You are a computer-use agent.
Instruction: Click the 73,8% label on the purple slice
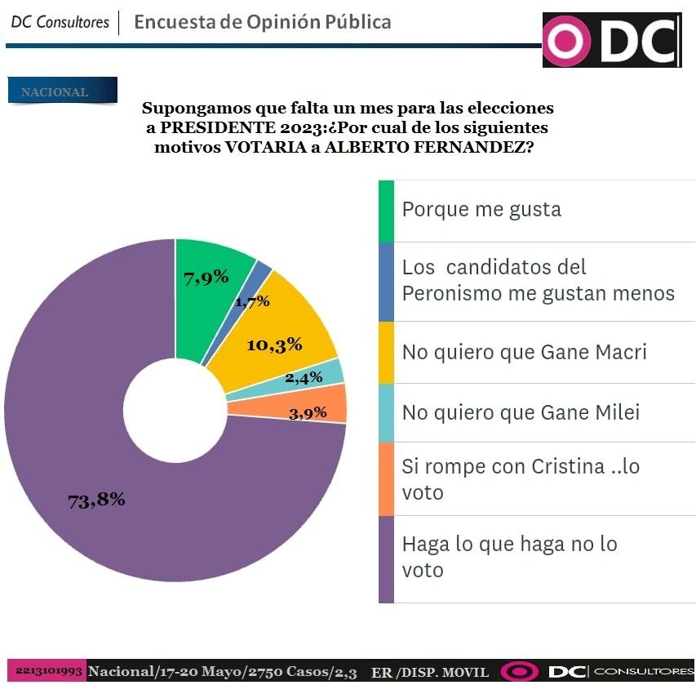[96, 500]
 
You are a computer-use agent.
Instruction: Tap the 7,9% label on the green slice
[206, 278]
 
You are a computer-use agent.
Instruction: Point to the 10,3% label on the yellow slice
[274, 345]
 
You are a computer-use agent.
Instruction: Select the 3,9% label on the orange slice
[308, 412]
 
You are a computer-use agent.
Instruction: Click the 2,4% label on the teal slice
[304, 378]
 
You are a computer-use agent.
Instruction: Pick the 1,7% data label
[252, 301]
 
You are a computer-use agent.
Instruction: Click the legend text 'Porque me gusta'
[481, 210]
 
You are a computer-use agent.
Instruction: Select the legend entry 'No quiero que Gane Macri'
[525, 352]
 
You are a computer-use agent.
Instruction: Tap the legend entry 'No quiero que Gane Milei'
[521, 412]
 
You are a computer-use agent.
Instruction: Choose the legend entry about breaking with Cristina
[521, 478]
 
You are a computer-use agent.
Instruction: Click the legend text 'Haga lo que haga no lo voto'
[509, 556]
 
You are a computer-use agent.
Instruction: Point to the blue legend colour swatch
[386, 282]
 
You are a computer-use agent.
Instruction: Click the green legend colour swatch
[386, 211]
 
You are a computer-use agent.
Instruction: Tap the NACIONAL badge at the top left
[62, 91]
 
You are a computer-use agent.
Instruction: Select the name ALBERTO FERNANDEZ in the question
[430, 148]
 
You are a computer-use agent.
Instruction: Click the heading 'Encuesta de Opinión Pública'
[262, 22]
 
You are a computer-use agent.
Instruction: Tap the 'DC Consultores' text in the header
[60, 22]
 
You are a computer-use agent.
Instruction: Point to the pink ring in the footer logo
[519, 672]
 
